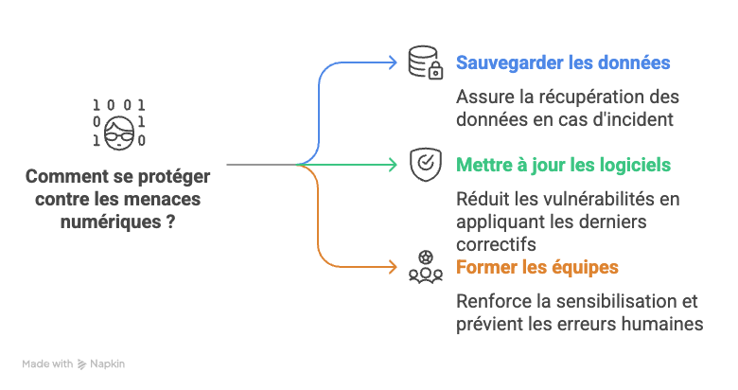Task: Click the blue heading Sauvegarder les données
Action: [x=563, y=63]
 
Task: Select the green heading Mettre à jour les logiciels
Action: [x=563, y=165]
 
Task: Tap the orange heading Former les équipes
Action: [x=537, y=267]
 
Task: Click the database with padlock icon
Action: [x=425, y=62]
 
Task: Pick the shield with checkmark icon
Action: [x=425, y=164]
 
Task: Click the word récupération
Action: [x=588, y=97]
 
